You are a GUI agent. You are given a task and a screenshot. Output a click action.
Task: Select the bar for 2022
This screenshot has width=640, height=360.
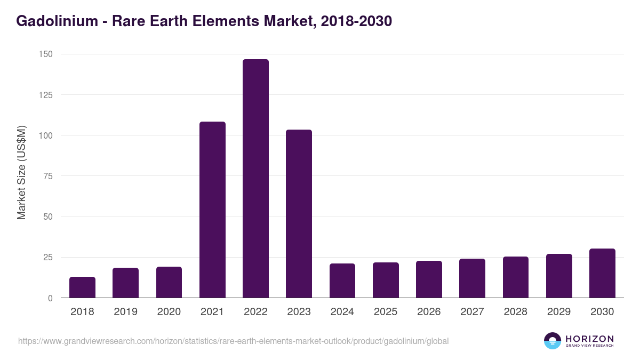255,179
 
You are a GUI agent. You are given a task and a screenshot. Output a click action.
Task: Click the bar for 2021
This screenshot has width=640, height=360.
212,210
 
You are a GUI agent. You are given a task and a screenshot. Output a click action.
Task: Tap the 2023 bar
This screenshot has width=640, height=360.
299,213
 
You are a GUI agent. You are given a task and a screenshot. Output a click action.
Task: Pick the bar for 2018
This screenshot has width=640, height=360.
82,287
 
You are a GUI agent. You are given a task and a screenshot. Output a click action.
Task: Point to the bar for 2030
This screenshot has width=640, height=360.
602,273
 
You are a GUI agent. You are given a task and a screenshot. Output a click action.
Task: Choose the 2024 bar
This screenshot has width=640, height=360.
342,281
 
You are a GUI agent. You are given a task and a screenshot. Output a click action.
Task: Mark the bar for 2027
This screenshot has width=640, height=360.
472,278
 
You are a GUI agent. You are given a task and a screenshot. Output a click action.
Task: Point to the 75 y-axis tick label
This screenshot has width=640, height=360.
48,176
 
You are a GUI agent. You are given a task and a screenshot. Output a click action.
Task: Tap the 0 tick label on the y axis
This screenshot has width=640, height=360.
50,298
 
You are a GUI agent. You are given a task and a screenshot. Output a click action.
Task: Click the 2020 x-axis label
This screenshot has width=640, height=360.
169,312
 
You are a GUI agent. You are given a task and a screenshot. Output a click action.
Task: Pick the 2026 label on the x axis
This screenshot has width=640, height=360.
429,312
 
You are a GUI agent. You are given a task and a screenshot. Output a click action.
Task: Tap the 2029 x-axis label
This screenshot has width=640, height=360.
559,312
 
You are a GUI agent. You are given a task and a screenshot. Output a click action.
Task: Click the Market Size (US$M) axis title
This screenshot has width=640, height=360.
21,172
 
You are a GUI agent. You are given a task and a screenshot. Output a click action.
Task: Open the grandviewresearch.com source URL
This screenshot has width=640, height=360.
233,341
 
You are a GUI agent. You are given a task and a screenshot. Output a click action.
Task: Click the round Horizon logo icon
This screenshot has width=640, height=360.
552,341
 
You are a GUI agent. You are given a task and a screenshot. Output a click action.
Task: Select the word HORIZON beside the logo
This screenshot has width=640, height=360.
589,339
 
